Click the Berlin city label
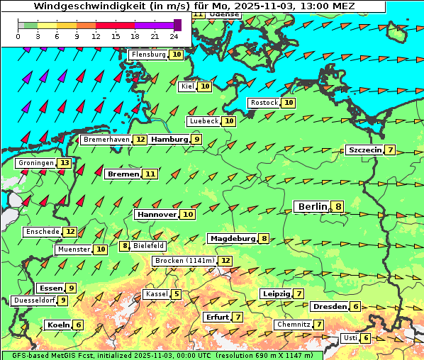click(312, 207)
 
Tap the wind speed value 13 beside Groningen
click(65, 163)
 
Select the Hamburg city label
click(169, 140)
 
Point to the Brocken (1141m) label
click(183, 261)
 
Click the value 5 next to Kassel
click(176, 294)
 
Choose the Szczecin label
click(364, 150)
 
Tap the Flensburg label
click(148, 55)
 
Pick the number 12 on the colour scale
click(96, 35)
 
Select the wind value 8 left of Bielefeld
click(125, 246)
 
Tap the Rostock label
click(264, 103)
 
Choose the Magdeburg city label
click(232, 239)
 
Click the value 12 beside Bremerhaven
click(140, 140)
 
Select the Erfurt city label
click(217, 317)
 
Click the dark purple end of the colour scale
click(177, 25)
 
